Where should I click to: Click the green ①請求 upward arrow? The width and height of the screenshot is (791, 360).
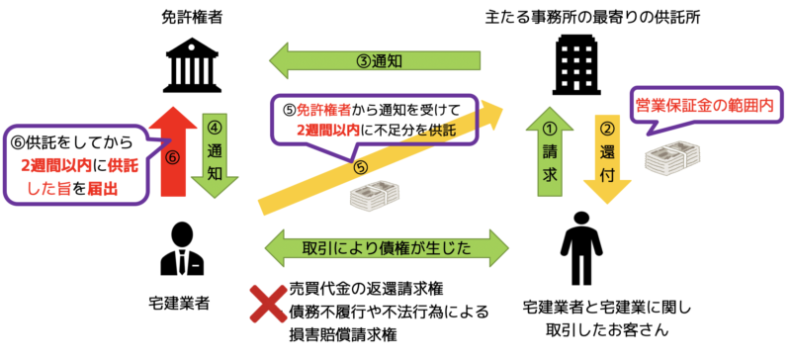tap(549, 148)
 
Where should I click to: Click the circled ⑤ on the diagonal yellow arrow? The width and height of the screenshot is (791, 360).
tap(358, 167)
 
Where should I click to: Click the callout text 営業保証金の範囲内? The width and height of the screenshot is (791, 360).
tap(706, 102)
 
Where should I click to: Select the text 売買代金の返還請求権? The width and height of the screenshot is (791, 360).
tap(366, 289)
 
